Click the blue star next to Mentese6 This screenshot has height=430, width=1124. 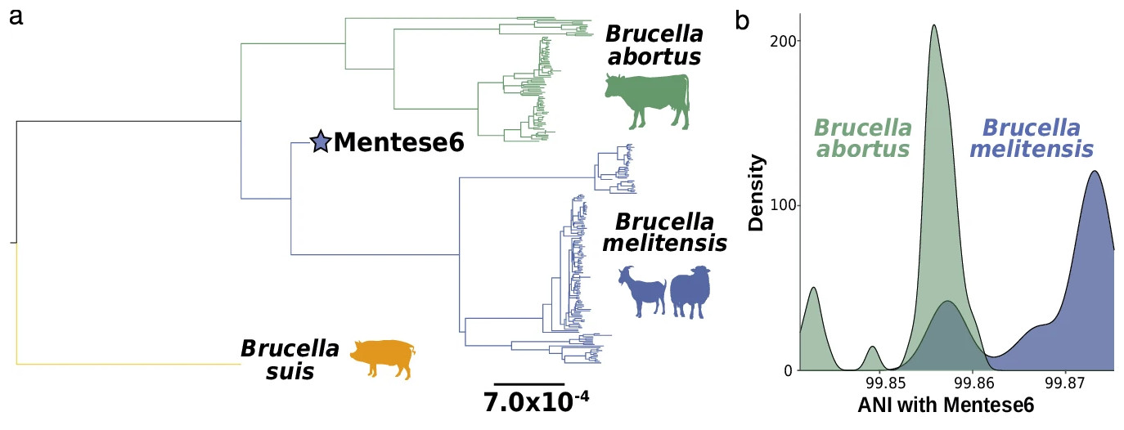321,141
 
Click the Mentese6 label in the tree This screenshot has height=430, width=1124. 399,142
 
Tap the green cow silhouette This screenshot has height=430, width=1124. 647,101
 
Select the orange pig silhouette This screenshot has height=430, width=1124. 383,359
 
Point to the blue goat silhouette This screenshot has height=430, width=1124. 642,291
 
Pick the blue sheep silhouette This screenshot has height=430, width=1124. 690,292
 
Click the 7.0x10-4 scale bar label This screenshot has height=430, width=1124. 536,401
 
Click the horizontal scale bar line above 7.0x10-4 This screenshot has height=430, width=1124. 529,384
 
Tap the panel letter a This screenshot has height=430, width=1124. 16,17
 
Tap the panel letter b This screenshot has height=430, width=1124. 742,20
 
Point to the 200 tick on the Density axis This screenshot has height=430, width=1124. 784,41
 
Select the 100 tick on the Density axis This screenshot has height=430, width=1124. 784,205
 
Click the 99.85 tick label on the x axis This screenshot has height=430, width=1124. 886,383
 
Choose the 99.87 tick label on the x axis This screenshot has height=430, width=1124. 1065,383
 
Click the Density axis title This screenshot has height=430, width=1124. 756,192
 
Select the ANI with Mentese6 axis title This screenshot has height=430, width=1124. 946,405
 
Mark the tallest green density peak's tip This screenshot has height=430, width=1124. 934,25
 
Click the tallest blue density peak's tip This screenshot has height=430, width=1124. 1094,172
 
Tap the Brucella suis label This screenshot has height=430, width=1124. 290,360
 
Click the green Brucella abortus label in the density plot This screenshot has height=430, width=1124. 863,138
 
